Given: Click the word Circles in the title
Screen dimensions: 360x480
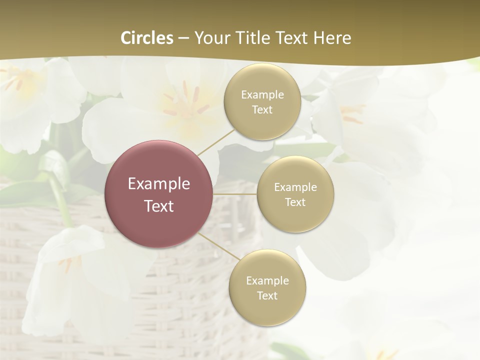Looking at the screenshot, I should click(x=147, y=38).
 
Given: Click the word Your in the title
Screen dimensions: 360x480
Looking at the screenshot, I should click(x=211, y=38).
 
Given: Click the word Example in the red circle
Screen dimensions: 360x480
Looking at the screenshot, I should click(x=158, y=184).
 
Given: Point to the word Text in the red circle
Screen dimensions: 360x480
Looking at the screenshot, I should click(x=158, y=206).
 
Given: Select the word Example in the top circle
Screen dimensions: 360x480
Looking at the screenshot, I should click(x=262, y=95).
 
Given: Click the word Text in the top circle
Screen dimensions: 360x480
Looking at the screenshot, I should click(x=262, y=110).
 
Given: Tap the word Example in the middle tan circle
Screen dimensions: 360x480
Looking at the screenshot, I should click(x=295, y=187).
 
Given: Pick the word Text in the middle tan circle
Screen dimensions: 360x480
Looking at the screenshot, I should click(x=295, y=202).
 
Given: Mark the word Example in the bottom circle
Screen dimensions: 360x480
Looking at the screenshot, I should click(x=267, y=281).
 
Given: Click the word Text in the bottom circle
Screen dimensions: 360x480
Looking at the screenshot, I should click(x=267, y=296).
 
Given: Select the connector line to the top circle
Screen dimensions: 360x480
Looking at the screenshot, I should click(x=215, y=141).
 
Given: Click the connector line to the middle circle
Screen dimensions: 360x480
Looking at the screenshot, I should click(x=235, y=194).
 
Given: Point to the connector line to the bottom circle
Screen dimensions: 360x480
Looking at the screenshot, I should click(x=216, y=246).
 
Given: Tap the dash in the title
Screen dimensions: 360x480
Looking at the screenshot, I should click(x=183, y=38).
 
